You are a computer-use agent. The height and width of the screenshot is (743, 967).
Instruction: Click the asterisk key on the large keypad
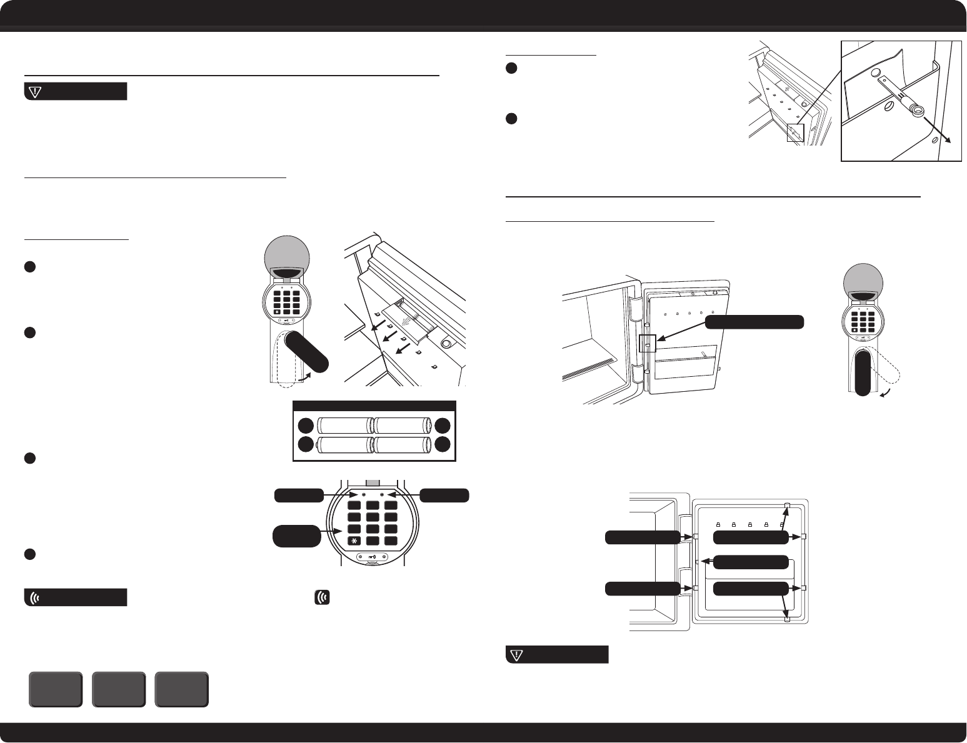pyautogui.click(x=355, y=541)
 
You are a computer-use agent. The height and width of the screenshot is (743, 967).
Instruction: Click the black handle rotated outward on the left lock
pyautogui.click(x=307, y=353)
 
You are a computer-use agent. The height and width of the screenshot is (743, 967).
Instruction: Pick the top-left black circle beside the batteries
pyautogui.click(x=305, y=426)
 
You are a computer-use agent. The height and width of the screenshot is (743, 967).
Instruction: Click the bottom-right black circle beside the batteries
pyautogui.click(x=443, y=445)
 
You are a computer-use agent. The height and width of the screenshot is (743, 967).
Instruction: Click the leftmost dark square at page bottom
pyautogui.click(x=56, y=689)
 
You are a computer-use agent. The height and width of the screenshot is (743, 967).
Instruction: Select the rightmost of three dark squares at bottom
pyautogui.click(x=182, y=689)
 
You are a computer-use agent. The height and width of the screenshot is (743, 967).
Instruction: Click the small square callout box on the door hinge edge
pyautogui.click(x=648, y=343)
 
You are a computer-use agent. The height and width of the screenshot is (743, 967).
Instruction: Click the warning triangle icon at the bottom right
pyautogui.click(x=516, y=654)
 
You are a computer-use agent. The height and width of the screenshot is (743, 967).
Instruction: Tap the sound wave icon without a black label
pyautogui.click(x=323, y=597)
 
